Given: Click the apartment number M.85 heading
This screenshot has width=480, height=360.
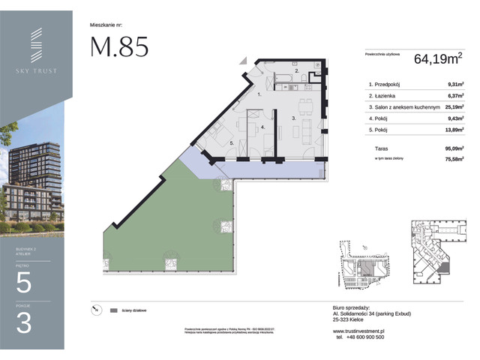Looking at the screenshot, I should click(119, 46).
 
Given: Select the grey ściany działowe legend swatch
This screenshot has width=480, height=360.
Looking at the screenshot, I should click(114, 310).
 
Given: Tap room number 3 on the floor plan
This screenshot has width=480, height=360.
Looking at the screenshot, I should click(294, 118).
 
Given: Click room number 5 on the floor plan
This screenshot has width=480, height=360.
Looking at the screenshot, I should click(232, 142).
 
